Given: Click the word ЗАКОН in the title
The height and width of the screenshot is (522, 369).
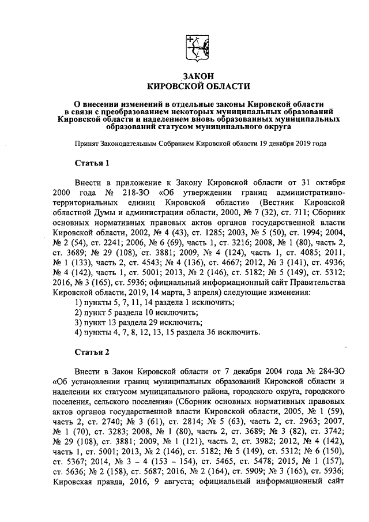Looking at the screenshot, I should pos(199,76).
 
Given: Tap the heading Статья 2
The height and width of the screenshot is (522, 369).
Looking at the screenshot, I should pos(92,351).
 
